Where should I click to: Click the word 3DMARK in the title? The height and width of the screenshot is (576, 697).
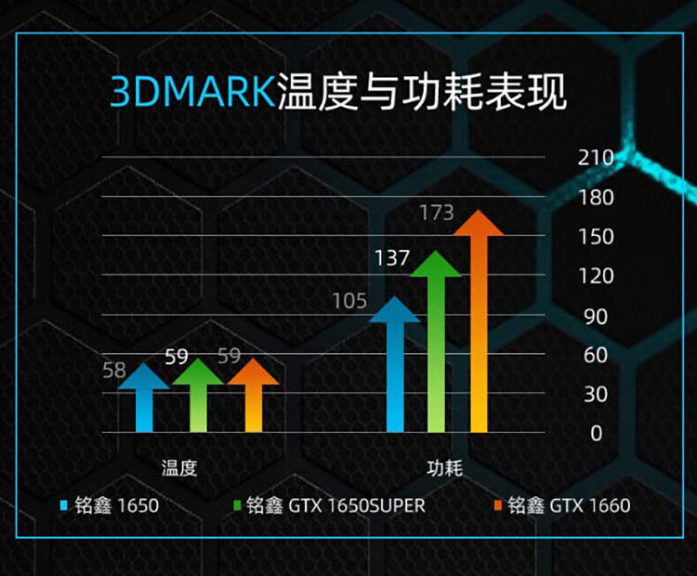192,92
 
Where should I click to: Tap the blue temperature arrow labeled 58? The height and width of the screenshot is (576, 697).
144,398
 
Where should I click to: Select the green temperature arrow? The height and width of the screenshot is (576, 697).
198,395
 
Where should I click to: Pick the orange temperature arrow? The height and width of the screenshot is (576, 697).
254,395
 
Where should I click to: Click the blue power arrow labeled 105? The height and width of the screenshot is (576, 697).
395,364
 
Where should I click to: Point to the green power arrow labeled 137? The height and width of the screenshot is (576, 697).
436,341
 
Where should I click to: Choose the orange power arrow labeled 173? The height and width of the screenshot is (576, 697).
479,321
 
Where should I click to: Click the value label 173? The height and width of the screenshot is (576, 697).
437,213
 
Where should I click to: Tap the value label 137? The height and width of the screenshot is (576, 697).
392,257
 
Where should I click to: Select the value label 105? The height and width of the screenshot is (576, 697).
349,301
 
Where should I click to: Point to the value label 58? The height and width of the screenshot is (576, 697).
114,371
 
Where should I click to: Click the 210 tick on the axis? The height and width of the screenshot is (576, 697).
596,158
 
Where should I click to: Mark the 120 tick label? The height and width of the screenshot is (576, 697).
596,276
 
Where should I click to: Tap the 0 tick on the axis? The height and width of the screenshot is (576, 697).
597,433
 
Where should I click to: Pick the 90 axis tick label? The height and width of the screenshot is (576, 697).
596,317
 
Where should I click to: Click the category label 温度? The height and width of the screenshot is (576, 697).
179,468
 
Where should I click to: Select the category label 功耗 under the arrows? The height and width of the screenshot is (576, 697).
445,468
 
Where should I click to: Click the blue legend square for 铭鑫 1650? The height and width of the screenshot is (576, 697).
63,505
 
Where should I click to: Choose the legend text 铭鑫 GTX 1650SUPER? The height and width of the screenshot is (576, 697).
335,505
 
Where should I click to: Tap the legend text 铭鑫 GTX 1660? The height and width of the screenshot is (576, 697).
569,505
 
